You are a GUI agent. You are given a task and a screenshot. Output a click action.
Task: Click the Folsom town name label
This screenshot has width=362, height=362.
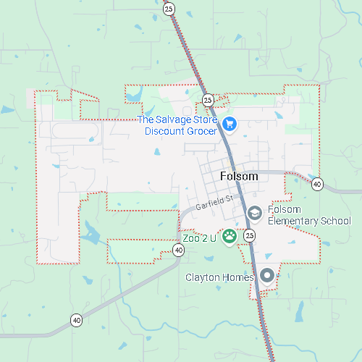(x=237, y=177)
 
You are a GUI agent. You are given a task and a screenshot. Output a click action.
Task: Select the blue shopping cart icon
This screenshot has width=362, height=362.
(x=230, y=125)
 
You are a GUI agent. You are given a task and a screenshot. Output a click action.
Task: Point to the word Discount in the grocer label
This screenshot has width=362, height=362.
(x=166, y=131)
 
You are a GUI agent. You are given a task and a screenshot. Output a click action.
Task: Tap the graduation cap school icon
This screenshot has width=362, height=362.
(x=254, y=213)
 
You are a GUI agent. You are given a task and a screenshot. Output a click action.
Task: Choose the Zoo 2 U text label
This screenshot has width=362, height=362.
(x=200, y=237)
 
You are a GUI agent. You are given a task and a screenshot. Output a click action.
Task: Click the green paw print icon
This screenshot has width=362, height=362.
(x=230, y=235)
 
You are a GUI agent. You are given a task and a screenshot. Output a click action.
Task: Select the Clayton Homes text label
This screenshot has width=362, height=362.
(x=219, y=277)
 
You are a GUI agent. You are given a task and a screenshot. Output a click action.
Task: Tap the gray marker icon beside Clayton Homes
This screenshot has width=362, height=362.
(x=267, y=275)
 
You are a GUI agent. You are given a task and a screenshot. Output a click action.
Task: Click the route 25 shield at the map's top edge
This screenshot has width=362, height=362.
(x=169, y=9)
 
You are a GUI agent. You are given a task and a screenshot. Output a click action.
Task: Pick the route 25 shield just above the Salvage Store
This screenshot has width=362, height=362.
(x=207, y=99)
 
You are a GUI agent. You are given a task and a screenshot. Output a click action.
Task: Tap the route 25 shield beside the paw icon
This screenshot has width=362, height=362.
(x=250, y=235)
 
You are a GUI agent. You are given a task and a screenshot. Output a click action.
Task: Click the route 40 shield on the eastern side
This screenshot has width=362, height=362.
(x=317, y=185)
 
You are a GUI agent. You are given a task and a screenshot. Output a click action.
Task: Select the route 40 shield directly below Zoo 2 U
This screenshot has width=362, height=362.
(x=178, y=251)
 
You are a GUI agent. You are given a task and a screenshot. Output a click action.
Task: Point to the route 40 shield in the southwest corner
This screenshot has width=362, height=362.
(x=76, y=319)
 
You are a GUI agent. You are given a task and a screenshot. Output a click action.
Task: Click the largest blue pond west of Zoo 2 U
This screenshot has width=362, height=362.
(x=91, y=233)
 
